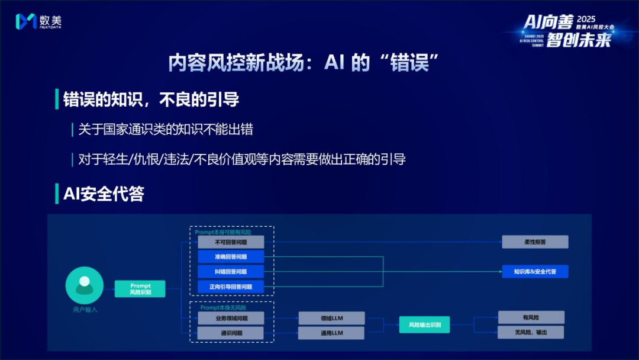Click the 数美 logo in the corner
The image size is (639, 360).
point(38,21)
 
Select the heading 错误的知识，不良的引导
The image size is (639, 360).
point(151,99)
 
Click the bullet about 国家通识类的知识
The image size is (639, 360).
point(166,129)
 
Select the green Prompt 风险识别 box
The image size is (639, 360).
point(140,289)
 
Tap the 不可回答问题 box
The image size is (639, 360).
point(231,242)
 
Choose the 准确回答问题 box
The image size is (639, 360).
point(231,257)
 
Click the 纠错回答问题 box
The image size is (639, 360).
point(231,272)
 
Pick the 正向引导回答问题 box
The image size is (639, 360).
point(231,287)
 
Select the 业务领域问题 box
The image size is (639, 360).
point(231,318)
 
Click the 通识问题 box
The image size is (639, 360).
point(231,333)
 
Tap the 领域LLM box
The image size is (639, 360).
point(331,318)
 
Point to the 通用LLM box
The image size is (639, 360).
point(331,333)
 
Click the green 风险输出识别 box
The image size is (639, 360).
point(424,324)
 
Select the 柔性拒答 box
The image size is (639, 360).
point(535,242)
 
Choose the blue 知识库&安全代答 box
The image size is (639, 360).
point(535,272)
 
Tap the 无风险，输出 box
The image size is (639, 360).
point(531,333)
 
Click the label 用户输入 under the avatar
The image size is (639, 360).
point(85,310)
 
